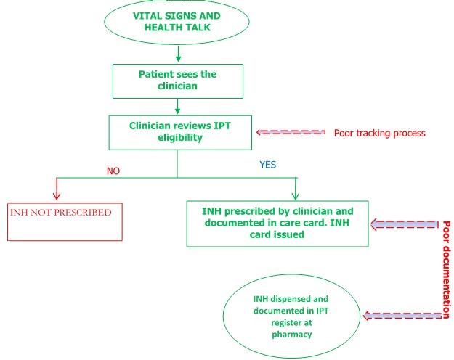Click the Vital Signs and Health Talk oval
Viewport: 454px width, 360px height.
(177, 22)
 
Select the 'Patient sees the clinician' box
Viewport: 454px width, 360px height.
(177, 81)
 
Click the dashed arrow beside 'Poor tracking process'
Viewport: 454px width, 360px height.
(291, 133)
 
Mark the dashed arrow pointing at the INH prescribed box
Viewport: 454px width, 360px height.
(407, 226)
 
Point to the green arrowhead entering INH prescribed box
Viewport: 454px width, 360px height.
(295, 195)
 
